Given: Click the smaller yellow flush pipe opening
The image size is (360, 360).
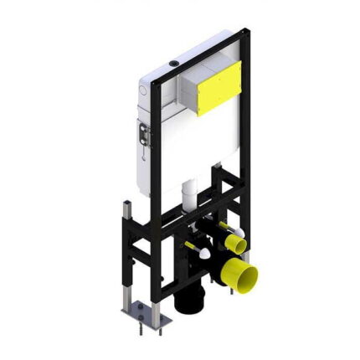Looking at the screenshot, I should click(239, 245).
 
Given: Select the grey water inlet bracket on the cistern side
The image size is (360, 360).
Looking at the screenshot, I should click(143, 135).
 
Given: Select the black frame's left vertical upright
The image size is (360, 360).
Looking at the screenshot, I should click(164, 167).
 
